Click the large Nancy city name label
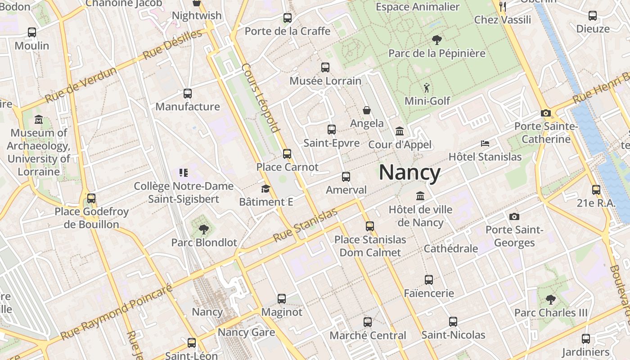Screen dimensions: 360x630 [409, 173]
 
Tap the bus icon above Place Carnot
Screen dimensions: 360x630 [287, 154]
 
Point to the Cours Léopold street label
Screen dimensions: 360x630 [260, 98]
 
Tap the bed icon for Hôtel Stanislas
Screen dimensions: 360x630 [485, 144]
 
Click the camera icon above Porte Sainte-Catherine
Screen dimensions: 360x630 [546, 113]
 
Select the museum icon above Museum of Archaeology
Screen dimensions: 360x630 [39, 120]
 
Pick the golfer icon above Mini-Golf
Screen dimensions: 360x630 [427, 88]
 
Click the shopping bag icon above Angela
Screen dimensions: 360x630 [367, 110]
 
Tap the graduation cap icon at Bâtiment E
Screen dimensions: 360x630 [265, 189]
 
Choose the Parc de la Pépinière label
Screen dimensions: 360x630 [436, 54]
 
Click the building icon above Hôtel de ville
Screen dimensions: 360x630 [420, 196]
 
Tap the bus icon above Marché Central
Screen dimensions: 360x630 [368, 322]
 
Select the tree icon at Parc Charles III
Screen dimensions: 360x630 [550, 300]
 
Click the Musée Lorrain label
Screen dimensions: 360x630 [325, 81]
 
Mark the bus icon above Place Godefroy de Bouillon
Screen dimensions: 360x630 [91, 198]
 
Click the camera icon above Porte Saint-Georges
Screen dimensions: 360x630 [514, 217]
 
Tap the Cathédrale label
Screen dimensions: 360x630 [451, 248]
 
